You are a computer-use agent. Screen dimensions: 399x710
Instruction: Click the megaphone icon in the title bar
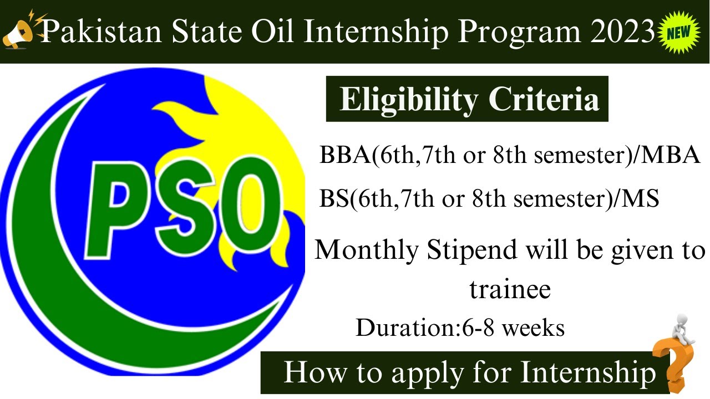click(19, 30)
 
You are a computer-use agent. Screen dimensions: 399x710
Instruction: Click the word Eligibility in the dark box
click(408, 100)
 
